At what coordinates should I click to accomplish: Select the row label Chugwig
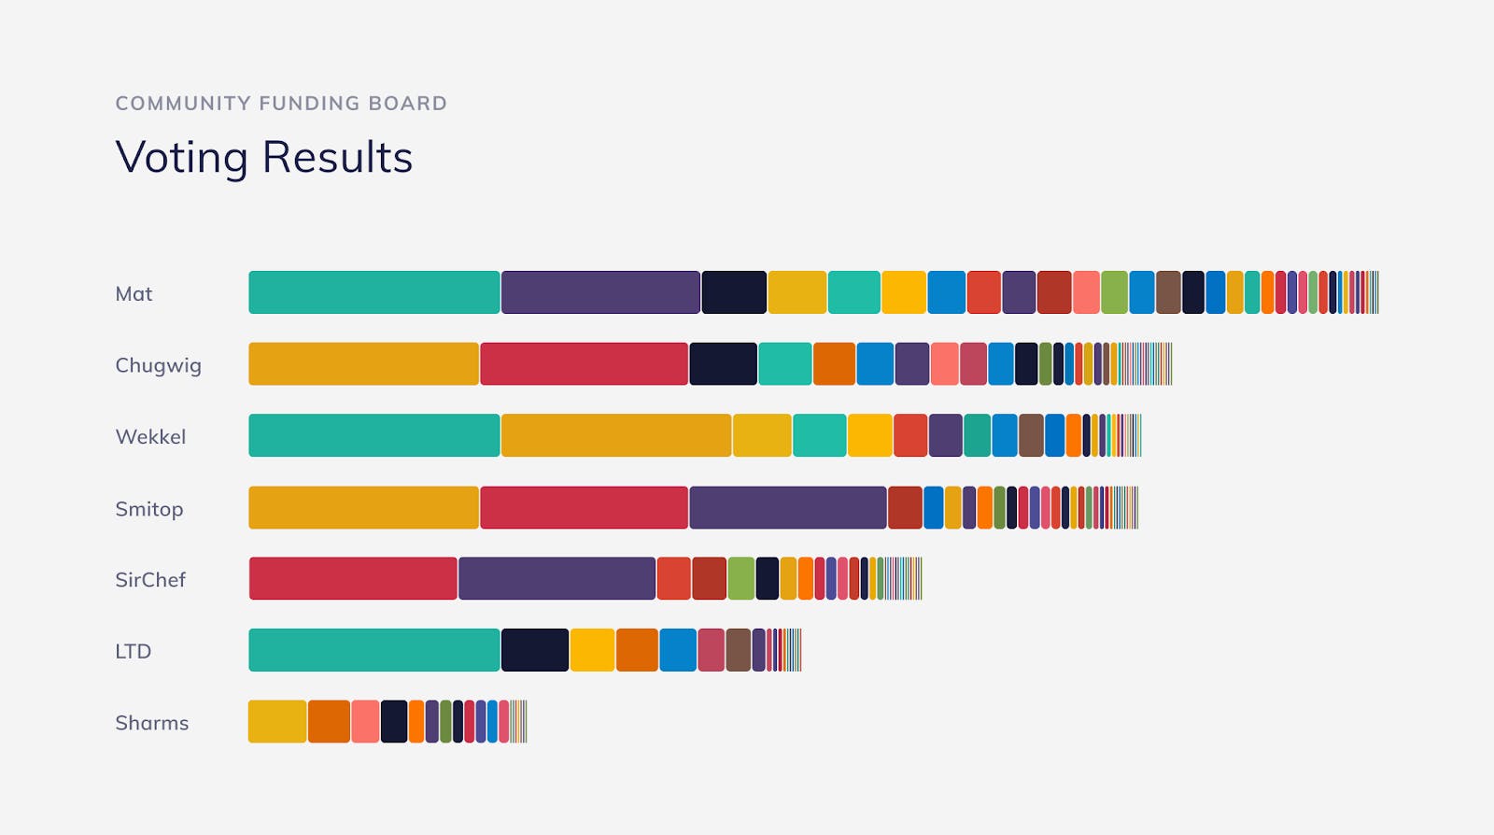[x=158, y=365]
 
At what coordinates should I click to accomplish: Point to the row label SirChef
[x=150, y=580]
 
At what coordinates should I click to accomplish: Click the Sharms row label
[x=151, y=723]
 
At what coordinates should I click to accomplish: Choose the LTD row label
[x=133, y=651]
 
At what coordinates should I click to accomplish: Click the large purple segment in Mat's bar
[x=600, y=292]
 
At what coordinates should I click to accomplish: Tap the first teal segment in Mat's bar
[x=373, y=292]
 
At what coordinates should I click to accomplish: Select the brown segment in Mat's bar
[x=1168, y=292]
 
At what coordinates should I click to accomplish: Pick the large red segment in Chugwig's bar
[x=584, y=364]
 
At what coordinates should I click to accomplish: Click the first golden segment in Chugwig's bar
[x=363, y=364]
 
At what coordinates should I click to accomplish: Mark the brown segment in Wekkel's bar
[x=1031, y=435]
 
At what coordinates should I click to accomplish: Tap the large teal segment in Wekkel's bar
[x=373, y=435]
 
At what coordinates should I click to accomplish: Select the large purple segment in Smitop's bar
[x=787, y=507]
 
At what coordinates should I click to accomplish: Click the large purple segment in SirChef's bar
[x=557, y=579]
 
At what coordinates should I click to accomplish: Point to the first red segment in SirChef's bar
[x=353, y=579]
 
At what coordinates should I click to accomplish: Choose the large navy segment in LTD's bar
[x=535, y=650]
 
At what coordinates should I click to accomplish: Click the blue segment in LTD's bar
[x=678, y=650]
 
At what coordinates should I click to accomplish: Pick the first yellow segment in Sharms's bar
[x=277, y=722]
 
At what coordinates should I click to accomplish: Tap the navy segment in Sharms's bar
[x=394, y=722]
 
